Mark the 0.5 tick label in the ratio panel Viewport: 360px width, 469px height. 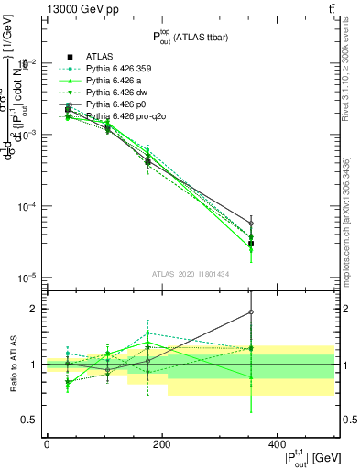33,420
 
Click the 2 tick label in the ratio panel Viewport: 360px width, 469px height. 37,309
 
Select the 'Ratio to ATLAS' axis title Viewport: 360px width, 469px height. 13,365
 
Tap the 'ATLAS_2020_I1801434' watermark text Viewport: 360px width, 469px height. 191,274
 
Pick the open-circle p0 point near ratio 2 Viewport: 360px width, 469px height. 251,312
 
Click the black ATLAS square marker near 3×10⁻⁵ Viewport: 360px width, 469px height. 251,243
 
